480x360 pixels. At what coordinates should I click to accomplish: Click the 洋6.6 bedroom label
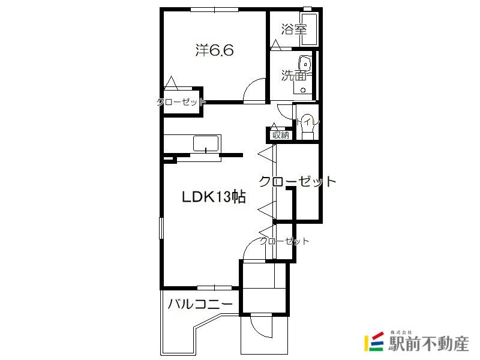214,50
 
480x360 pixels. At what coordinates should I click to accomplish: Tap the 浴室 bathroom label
294,29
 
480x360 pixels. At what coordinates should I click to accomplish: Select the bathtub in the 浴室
309,29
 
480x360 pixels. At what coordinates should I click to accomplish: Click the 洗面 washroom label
294,76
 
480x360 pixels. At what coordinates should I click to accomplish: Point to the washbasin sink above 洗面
305,64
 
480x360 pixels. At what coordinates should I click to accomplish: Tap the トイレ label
308,122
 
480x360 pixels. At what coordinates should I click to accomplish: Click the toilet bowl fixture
307,127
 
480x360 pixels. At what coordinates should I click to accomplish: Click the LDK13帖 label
214,197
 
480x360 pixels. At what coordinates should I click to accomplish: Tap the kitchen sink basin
206,143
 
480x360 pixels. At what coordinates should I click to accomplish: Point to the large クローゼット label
298,182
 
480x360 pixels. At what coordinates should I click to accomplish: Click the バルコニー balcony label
200,304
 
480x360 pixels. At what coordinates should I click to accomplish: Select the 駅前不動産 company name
428,343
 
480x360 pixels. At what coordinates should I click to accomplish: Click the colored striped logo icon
374,341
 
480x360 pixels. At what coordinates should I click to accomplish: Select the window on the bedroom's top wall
214,10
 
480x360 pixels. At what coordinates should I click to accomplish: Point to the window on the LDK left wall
161,228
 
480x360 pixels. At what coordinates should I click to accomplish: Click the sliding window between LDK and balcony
214,288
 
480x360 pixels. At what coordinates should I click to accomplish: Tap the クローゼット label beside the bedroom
181,102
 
